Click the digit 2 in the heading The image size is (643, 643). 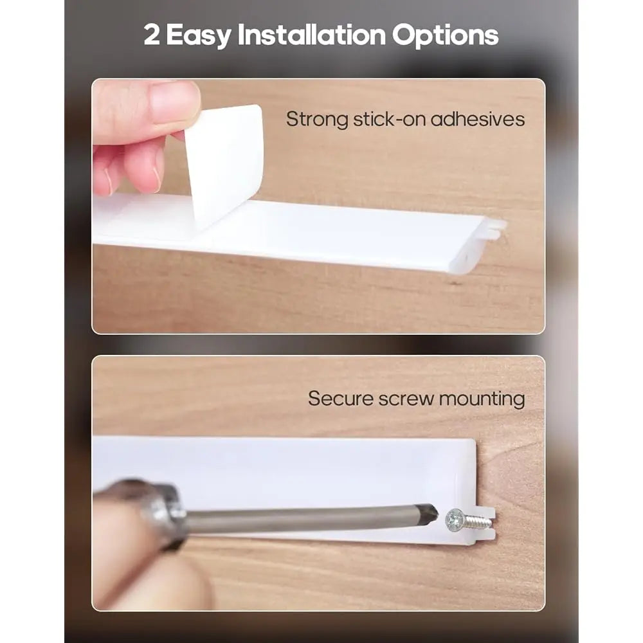[x=152, y=35]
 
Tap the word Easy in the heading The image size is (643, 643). [x=199, y=36]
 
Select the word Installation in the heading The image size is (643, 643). [x=312, y=35]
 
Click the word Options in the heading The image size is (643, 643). [x=445, y=36]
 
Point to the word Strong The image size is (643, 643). [x=317, y=120]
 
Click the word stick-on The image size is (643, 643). [x=390, y=119]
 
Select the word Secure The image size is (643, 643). [x=340, y=399]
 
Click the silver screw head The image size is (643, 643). [x=455, y=520]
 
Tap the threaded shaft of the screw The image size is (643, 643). [x=477, y=521]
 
